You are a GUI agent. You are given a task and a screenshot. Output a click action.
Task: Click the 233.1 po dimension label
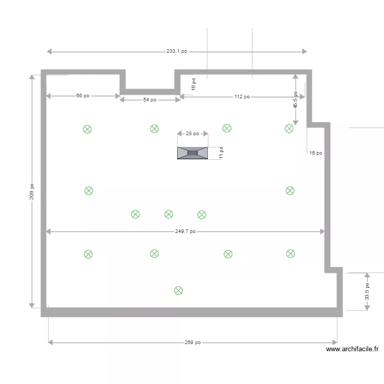coord(177,51)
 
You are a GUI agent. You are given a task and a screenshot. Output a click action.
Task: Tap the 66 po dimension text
coord(83,96)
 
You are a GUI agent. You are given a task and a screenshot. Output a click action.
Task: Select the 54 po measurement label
coord(150,100)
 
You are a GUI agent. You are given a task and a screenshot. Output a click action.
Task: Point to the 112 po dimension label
coord(242,97)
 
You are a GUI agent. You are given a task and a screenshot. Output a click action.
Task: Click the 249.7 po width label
coord(185,231)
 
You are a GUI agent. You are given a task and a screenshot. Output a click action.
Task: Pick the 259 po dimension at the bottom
coord(193,343)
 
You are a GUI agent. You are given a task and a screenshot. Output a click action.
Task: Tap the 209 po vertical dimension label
coord(32,192)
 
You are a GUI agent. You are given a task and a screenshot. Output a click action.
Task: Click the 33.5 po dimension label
coord(367,291)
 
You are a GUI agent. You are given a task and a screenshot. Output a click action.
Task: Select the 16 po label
coord(316,153)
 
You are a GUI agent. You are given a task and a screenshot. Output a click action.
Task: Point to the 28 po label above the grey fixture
coord(193,134)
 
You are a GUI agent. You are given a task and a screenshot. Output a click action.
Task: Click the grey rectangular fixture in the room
coord(193,153)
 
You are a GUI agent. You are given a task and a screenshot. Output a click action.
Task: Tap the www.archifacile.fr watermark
coord(352,349)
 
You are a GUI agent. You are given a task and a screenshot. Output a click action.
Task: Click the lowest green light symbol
coord(178,291)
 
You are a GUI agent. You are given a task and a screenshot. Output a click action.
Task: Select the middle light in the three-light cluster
coord(168,214)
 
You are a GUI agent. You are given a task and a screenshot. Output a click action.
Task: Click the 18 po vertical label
coord(194,84)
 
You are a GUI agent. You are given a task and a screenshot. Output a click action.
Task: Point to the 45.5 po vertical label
coord(295,100)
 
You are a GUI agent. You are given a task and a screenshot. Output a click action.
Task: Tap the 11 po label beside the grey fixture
coord(221,153)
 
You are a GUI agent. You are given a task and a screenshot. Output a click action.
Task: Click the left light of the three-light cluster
coord(135,214)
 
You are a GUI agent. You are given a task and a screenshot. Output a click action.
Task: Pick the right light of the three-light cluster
coord(202,215)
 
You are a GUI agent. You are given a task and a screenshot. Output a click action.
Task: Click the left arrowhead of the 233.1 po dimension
coord(49,51)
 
